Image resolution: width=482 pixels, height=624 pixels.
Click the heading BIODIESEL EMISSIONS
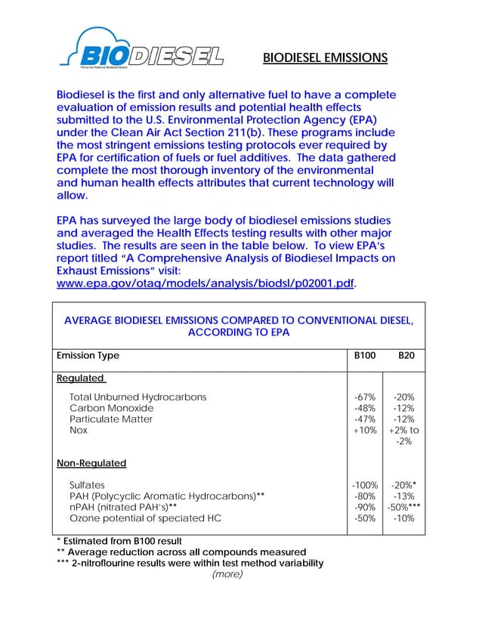[325, 57]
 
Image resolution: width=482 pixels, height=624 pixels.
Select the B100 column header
[365, 356]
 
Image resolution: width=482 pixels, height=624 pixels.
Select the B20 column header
[406, 356]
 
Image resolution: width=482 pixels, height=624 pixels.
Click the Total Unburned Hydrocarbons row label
[137, 397]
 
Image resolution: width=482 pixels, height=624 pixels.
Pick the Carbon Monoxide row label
[111, 408]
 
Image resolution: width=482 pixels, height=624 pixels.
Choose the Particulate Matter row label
[112, 419]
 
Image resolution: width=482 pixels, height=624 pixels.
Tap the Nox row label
[79, 430]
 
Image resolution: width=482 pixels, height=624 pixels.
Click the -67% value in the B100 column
[366, 397]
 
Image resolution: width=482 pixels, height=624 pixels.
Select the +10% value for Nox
[366, 430]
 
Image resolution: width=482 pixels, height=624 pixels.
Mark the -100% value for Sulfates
[364, 485]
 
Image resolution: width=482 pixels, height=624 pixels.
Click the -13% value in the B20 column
[405, 496]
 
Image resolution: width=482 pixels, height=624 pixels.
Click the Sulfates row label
[88, 485]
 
